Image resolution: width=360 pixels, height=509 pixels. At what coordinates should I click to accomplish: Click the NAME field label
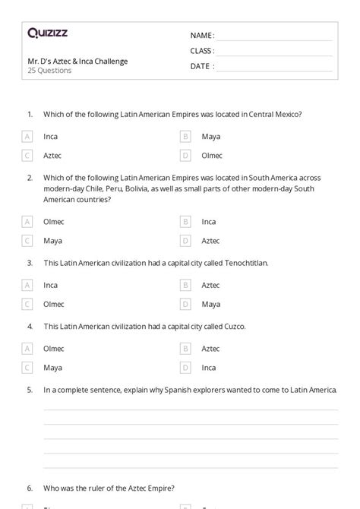[x=202, y=36]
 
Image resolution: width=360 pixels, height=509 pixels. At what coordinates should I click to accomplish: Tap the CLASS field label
[x=202, y=51]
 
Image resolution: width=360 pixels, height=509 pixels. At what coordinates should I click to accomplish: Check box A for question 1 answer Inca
[x=27, y=137]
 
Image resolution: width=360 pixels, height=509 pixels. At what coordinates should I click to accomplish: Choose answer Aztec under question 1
[x=52, y=156]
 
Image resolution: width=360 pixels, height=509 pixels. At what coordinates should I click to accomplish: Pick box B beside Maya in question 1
[x=185, y=137]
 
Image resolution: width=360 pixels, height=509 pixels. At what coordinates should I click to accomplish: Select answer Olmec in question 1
[x=213, y=156]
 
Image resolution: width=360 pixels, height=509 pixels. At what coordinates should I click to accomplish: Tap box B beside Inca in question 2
[x=185, y=222]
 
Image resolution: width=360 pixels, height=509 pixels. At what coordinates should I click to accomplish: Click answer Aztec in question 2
[x=210, y=241]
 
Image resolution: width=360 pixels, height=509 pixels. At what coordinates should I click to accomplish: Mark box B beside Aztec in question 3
[x=185, y=285]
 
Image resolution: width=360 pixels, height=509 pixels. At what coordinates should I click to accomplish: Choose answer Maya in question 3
[x=210, y=304]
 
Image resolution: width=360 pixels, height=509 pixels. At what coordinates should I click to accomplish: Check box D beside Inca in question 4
[x=185, y=368]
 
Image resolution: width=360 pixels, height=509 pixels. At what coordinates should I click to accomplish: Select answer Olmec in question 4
[x=54, y=349]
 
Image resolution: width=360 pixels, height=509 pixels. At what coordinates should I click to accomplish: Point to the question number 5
[x=29, y=390]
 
